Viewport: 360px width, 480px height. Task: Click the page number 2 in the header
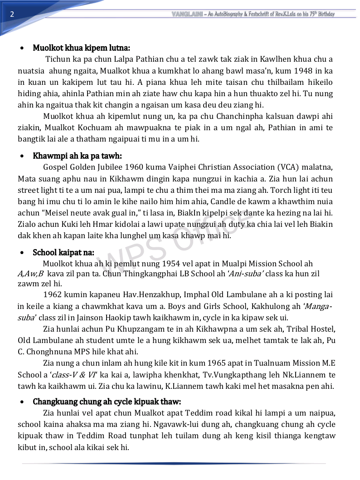click(x=12, y=14)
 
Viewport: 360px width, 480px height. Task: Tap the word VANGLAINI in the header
click(x=187, y=14)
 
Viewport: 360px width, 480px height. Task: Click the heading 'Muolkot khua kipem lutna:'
click(x=82, y=48)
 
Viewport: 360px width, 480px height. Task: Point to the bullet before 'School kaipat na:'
click(x=22, y=253)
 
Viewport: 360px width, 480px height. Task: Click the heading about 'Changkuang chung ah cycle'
click(x=107, y=402)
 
